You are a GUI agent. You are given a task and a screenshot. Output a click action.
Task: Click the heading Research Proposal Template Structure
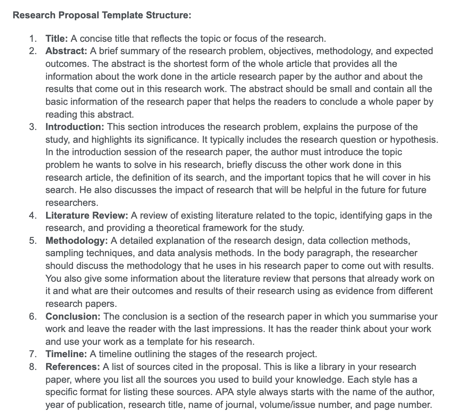tap(102, 15)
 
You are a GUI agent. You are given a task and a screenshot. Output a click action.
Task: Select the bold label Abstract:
tap(66, 51)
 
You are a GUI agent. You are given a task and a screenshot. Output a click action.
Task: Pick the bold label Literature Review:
tap(87, 216)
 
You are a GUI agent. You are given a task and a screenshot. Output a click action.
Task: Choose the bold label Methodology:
tap(76, 241)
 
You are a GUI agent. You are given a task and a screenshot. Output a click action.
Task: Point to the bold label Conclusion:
tap(73, 317)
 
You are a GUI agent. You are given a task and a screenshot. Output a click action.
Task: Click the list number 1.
tap(32, 39)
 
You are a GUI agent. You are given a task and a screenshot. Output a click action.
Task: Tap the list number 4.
tap(32, 216)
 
